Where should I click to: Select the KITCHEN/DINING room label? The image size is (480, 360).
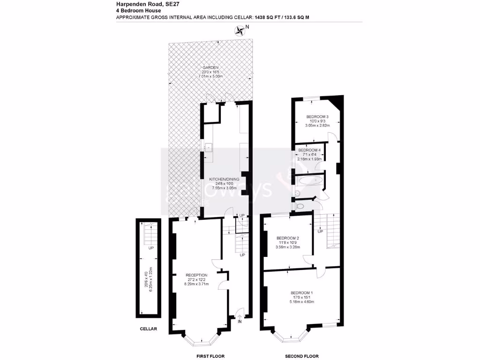click(225, 179)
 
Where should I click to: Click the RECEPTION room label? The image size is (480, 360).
click(196, 275)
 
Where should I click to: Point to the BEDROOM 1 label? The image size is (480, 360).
click(301, 293)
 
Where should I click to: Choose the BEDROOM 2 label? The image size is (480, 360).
click(287, 238)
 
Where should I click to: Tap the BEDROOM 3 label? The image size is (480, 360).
click(317, 117)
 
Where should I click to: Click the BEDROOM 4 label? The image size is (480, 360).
click(309, 150)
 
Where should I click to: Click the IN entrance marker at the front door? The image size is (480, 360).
click(240, 322)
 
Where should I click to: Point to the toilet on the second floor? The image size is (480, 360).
click(300, 205)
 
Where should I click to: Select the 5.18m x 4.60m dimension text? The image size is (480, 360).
click(301, 302)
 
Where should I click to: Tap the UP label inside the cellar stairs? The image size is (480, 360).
click(150, 248)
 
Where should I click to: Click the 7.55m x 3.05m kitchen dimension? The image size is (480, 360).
click(225, 187)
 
